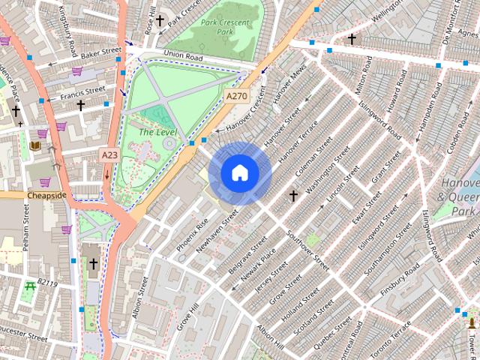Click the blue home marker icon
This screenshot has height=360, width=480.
pos(239,173)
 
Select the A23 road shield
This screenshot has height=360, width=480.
pos(109,155)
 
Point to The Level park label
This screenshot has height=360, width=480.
pos(157,132)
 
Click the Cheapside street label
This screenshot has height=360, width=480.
pos(46,195)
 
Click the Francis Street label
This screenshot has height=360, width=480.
pos(83,93)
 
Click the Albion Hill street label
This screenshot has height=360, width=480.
pos(269,340)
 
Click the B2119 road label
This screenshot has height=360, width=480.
pos(47,283)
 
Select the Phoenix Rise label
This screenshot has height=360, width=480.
pos(193,235)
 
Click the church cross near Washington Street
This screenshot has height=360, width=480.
pos(293,196)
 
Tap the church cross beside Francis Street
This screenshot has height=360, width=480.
pos(80,106)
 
